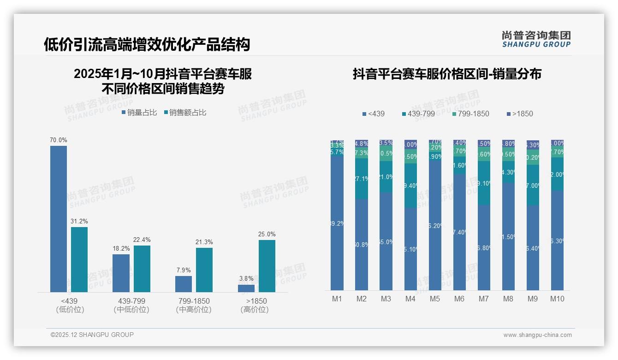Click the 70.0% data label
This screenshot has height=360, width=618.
[x=59, y=140]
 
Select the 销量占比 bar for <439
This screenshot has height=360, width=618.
[x=59, y=219]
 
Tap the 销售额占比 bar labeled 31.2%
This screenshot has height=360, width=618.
[x=79, y=259]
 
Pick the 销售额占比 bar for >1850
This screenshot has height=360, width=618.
[x=267, y=266]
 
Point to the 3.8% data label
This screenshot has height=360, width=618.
[x=246, y=278]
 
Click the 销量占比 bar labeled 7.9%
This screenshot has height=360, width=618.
[x=184, y=284]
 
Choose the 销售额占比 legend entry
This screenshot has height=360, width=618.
[x=185, y=112]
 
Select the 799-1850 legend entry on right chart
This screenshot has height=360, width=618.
[x=470, y=114]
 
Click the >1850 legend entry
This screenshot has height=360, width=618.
[x=520, y=114]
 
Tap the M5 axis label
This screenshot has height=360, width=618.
[x=435, y=299]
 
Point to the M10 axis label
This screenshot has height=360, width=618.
[x=557, y=299]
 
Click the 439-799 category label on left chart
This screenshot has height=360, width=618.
[x=131, y=301]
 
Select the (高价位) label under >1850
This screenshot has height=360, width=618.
[x=255, y=310]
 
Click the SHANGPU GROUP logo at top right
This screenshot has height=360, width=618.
[x=536, y=39]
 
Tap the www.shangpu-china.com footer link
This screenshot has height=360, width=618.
[x=537, y=335]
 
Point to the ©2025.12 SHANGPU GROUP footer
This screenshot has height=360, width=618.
[x=92, y=335]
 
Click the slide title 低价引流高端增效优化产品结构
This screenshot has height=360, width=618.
[x=147, y=44]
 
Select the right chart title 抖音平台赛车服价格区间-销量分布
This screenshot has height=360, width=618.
[x=447, y=74]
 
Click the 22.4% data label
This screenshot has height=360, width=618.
[x=142, y=240]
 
